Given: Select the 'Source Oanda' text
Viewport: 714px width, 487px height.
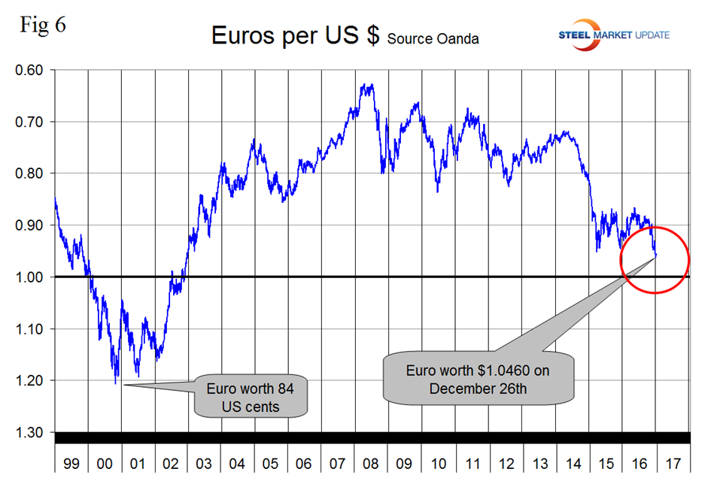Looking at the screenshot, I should pos(433,38).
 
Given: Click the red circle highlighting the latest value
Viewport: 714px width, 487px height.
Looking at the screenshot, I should pos(655,260).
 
